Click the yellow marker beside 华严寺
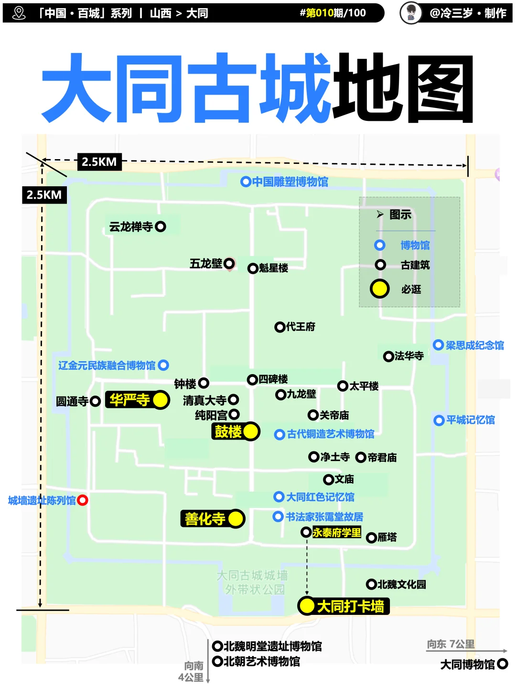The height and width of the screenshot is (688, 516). (x=161, y=400)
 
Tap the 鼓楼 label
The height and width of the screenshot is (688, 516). (x=228, y=431)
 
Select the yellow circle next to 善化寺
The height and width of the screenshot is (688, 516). (x=236, y=518)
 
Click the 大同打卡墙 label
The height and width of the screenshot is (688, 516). (x=350, y=606)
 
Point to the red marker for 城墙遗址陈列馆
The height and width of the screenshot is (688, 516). (x=83, y=500)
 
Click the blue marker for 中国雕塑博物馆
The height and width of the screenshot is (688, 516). (x=246, y=182)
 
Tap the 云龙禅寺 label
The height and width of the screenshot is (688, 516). (x=131, y=226)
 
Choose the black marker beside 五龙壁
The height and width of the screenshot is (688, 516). (x=229, y=263)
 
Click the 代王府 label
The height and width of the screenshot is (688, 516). (x=301, y=327)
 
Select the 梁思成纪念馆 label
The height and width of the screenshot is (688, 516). (x=474, y=345)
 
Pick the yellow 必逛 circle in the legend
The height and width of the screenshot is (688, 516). (x=379, y=289)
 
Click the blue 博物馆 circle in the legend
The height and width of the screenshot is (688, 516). (x=380, y=245)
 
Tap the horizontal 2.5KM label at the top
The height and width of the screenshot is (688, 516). (x=99, y=162)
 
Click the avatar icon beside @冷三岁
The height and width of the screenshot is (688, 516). (x=411, y=13)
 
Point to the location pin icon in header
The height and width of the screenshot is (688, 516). (x=19, y=13)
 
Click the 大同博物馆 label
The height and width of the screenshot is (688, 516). (x=467, y=664)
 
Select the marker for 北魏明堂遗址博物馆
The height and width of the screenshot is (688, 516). (x=217, y=646)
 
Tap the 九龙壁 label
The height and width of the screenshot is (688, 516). (x=301, y=394)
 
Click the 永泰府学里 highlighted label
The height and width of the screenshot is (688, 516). (x=337, y=532)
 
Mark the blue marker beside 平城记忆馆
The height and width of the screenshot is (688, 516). (x=439, y=420)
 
